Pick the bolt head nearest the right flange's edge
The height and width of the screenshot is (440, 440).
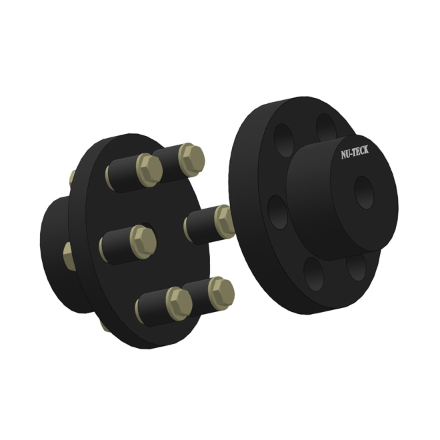(224, 221)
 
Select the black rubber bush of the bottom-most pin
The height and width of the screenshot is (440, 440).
(152, 308)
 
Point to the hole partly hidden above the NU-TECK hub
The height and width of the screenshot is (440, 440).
(324, 129)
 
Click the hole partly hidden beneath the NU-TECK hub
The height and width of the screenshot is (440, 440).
(356, 267)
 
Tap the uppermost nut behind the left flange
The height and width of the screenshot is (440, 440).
(71, 178)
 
